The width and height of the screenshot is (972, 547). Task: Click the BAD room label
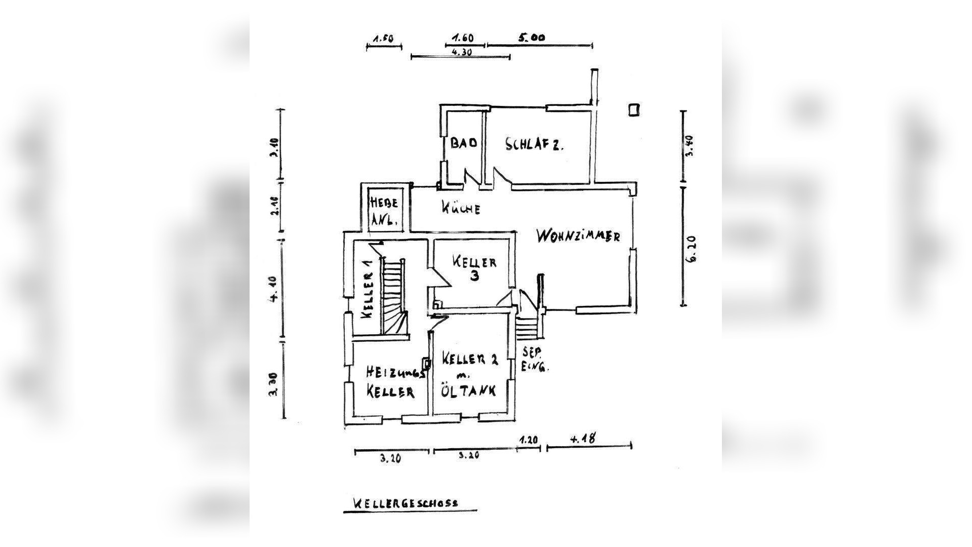click(464, 143)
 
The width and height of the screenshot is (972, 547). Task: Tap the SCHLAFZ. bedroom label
click(535, 144)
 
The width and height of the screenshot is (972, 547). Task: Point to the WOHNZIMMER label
click(578, 236)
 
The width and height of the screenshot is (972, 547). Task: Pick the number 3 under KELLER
click(474, 276)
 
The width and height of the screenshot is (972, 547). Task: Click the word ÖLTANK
click(469, 390)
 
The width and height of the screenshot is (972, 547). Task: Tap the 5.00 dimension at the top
click(531, 37)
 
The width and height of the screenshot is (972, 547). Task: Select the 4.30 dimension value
click(461, 52)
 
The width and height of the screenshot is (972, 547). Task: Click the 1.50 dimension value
click(383, 39)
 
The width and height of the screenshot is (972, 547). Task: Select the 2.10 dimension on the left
click(274, 206)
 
